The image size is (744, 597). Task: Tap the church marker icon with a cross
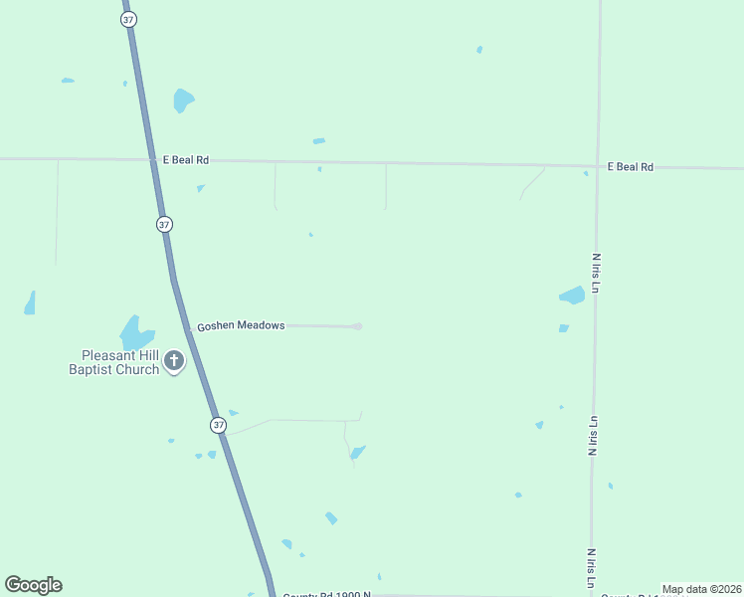[x=174, y=360]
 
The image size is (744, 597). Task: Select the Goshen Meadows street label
[x=241, y=325]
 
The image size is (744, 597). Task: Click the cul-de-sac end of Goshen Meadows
[x=358, y=326]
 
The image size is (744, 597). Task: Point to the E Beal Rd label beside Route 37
[x=186, y=159]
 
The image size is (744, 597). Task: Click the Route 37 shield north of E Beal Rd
[x=129, y=20]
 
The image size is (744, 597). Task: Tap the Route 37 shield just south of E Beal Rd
[x=164, y=224]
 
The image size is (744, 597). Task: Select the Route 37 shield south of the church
[x=218, y=425]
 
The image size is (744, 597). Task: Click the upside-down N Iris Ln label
[x=592, y=436]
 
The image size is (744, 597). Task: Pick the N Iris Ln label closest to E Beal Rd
[x=596, y=273]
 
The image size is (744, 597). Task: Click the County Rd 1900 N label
[x=326, y=594]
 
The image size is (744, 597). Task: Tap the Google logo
[x=33, y=585]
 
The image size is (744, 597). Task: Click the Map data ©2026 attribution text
[x=702, y=589]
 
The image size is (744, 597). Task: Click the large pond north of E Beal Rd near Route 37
[x=183, y=99]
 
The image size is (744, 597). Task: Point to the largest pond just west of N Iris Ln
[x=572, y=295]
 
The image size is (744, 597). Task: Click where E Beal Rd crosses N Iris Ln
[x=598, y=166]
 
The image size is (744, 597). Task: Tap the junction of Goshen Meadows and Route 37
[x=188, y=326]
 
